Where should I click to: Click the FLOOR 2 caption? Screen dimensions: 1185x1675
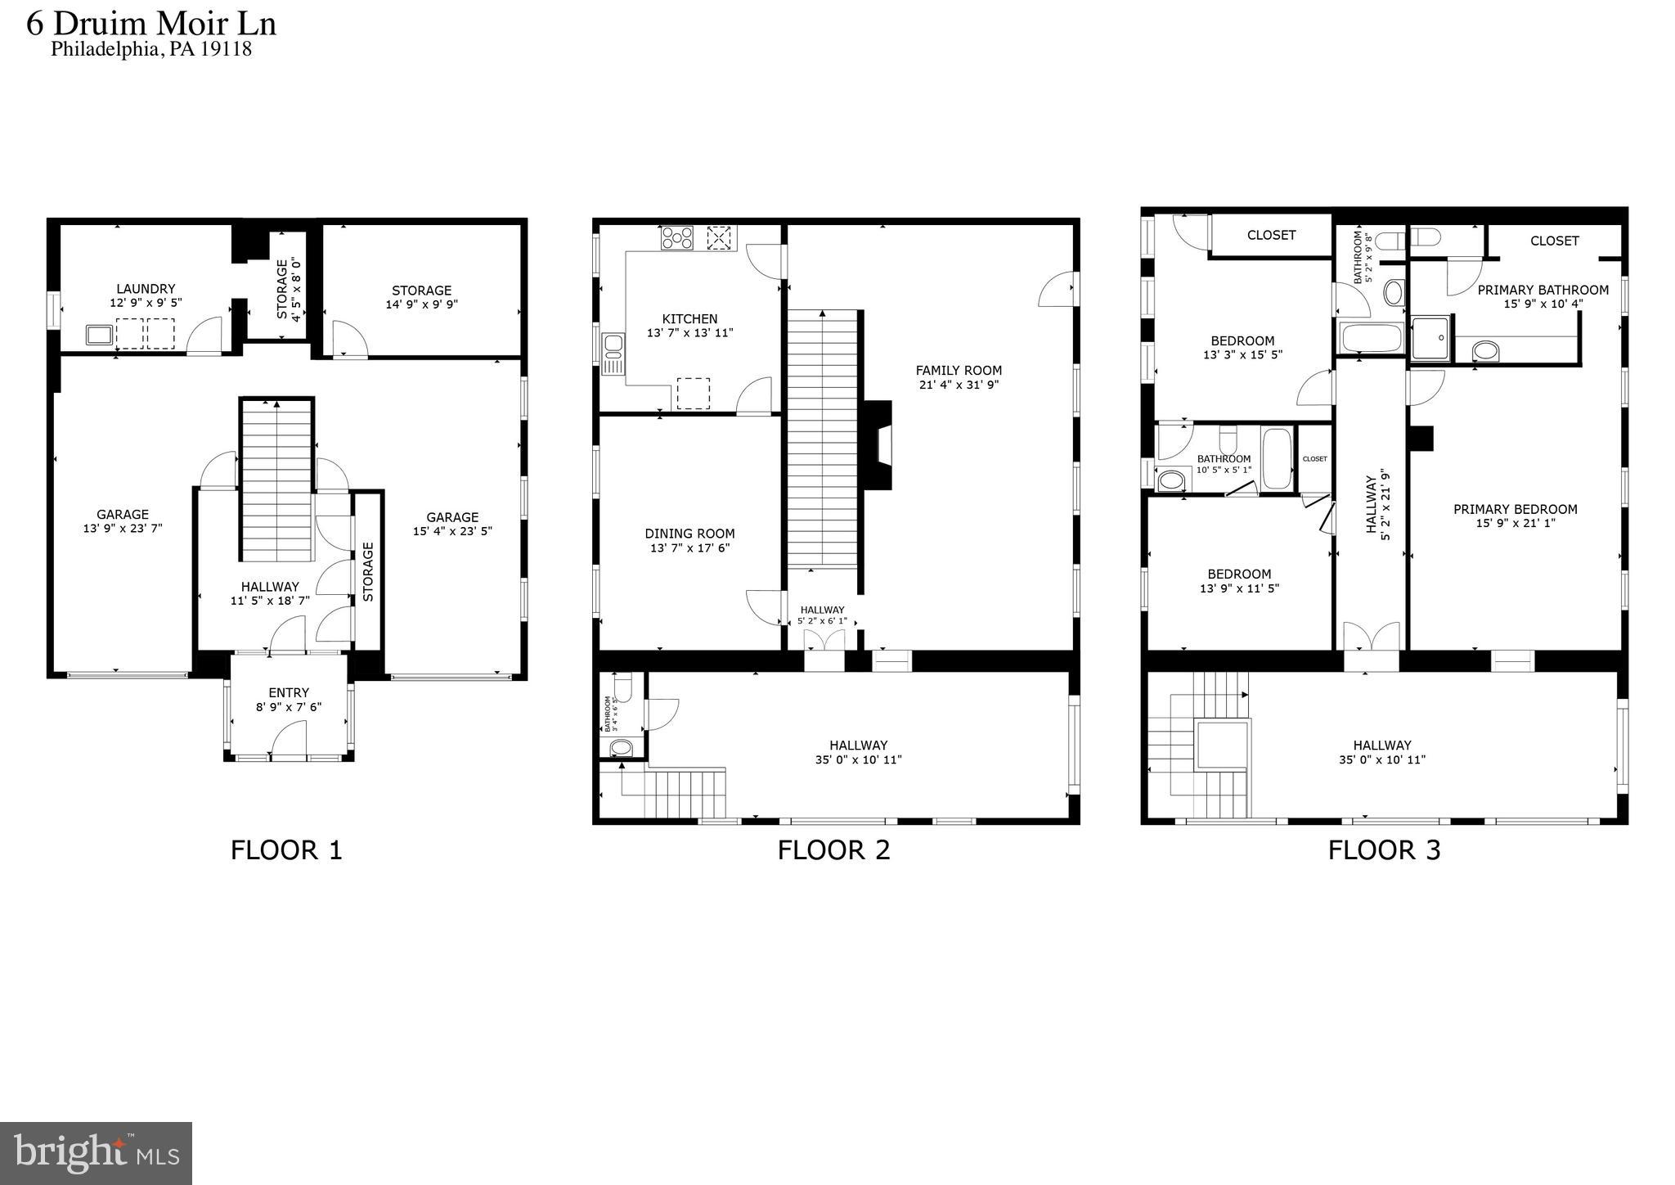coord(833,850)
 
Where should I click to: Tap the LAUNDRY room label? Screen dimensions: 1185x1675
coord(146,289)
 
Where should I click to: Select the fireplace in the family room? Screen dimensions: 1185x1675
coord(878,445)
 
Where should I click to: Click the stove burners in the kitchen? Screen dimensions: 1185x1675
coord(677,238)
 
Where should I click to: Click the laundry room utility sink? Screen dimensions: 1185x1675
coord(99,335)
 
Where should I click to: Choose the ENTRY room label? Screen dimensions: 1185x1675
coord(289,693)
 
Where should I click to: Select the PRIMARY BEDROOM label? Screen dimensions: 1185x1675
coord(1515,509)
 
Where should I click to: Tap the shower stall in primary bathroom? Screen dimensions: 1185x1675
coord(1430,338)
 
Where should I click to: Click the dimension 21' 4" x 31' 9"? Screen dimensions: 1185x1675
coord(959,385)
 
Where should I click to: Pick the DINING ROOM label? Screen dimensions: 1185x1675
coord(689,534)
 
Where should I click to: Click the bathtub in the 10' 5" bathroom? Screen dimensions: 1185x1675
coord(1277,459)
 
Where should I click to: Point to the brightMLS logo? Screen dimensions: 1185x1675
coord(96,1153)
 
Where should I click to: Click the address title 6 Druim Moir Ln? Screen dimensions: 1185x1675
coord(151,23)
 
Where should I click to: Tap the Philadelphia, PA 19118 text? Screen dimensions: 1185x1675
coord(151,49)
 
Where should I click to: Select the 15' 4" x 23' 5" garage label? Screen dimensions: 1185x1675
coord(452,524)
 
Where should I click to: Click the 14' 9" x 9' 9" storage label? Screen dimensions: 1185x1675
coord(421,304)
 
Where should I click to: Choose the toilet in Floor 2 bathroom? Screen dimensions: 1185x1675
coord(622,688)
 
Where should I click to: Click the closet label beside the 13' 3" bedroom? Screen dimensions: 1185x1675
coord(1271,236)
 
